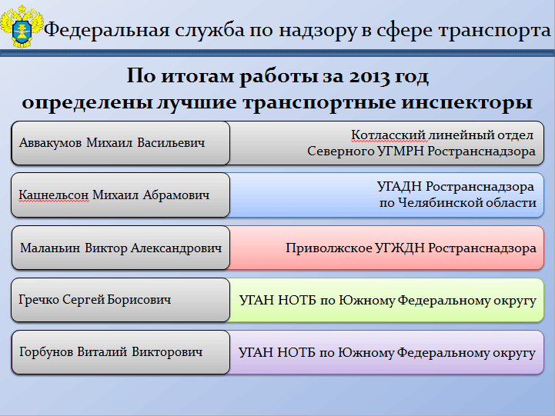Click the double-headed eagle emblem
[x=22, y=26]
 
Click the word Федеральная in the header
[x=106, y=30]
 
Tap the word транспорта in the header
[x=494, y=31]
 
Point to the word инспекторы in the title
[x=466, y=103]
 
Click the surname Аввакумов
[x=50, y=143]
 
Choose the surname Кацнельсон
[x=53, y=195]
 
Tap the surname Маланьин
[x=50, y=248]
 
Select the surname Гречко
[x=38, y=300]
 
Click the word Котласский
[x=388, y=135]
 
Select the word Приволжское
[x=329, y=248]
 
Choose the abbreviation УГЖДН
[x=400, y=248]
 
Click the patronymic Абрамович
[x=176, y=195]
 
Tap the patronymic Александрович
[x=176, y=248]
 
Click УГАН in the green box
[x=256, y=301]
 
